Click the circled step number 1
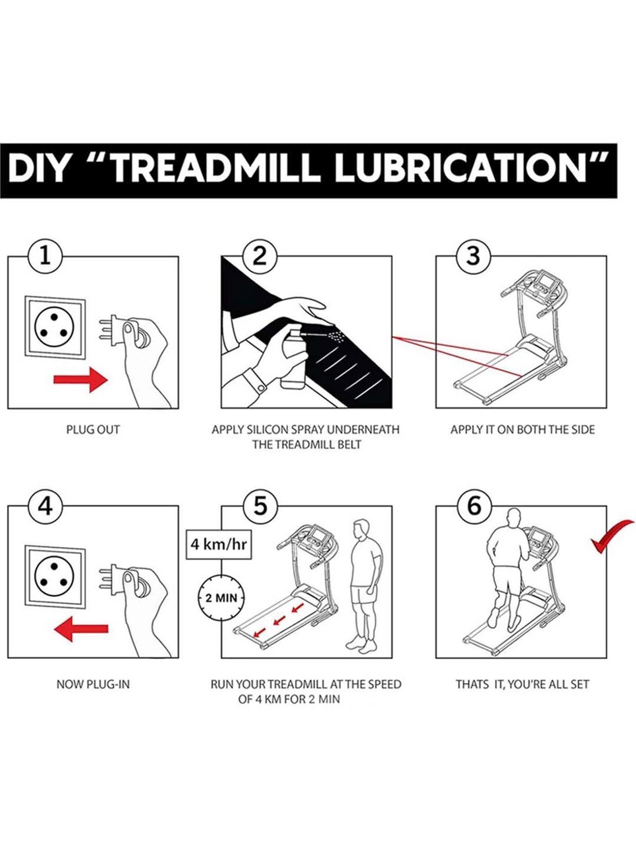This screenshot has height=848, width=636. click(x=45, y=257)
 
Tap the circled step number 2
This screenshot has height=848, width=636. click(x=259, y=257)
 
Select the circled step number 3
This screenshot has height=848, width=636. click(x=474, y=257)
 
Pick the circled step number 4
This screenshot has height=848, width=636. click(x=45, y=506)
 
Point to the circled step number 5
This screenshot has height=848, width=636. click(x=259, y=506)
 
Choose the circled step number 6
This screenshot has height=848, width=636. click(x=474, y=506)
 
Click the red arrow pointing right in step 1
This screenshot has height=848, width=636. click(x=81, y=379)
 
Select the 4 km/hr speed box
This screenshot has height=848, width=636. click(x=218, y=544)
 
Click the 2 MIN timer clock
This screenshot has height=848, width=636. click(x=221, y=598)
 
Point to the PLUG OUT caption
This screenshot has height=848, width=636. click(x=93, y=430)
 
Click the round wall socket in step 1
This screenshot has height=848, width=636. click(x=54, y=327)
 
